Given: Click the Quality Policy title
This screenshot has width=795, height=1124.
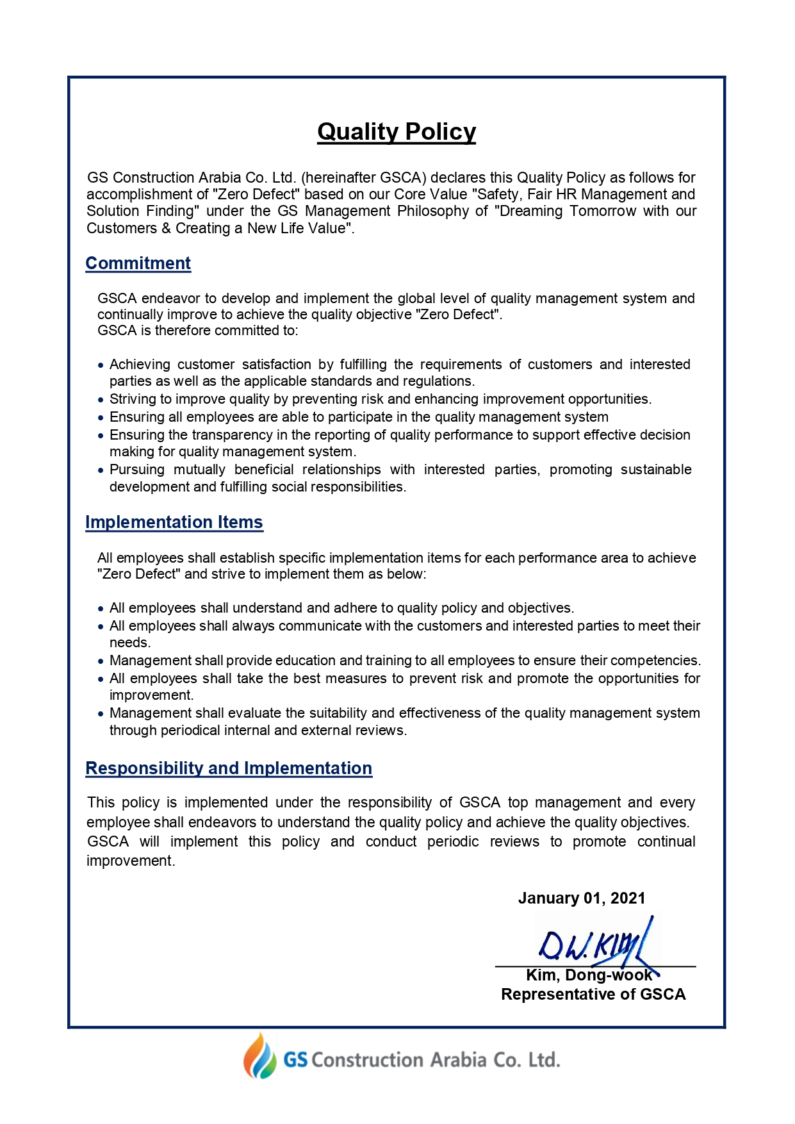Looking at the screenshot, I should [397, 132].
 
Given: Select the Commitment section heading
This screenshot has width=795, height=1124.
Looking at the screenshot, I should [138, 263].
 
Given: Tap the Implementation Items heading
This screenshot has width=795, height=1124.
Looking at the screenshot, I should [174, 522].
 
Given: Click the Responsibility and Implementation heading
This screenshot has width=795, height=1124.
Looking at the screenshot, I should [229, 768].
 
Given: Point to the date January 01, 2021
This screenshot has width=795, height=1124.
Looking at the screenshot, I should [582, 898].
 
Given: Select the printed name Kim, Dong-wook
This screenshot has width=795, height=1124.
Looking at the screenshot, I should [589, 975].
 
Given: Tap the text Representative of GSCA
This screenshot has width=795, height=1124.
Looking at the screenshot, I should [593, 995].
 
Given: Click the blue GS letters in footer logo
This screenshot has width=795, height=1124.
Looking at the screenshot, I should [295, 1060].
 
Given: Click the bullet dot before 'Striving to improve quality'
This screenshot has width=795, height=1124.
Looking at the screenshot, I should [101, 400].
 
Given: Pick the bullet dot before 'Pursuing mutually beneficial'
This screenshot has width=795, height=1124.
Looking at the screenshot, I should [101, 470].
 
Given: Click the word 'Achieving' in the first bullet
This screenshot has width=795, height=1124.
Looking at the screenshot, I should [140, 365].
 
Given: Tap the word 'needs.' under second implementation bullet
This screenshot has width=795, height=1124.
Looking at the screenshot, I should [130, 643].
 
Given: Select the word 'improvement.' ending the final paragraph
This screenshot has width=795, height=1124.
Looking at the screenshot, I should [131, 861].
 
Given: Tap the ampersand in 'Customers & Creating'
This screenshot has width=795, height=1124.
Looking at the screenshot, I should [166, 229].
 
